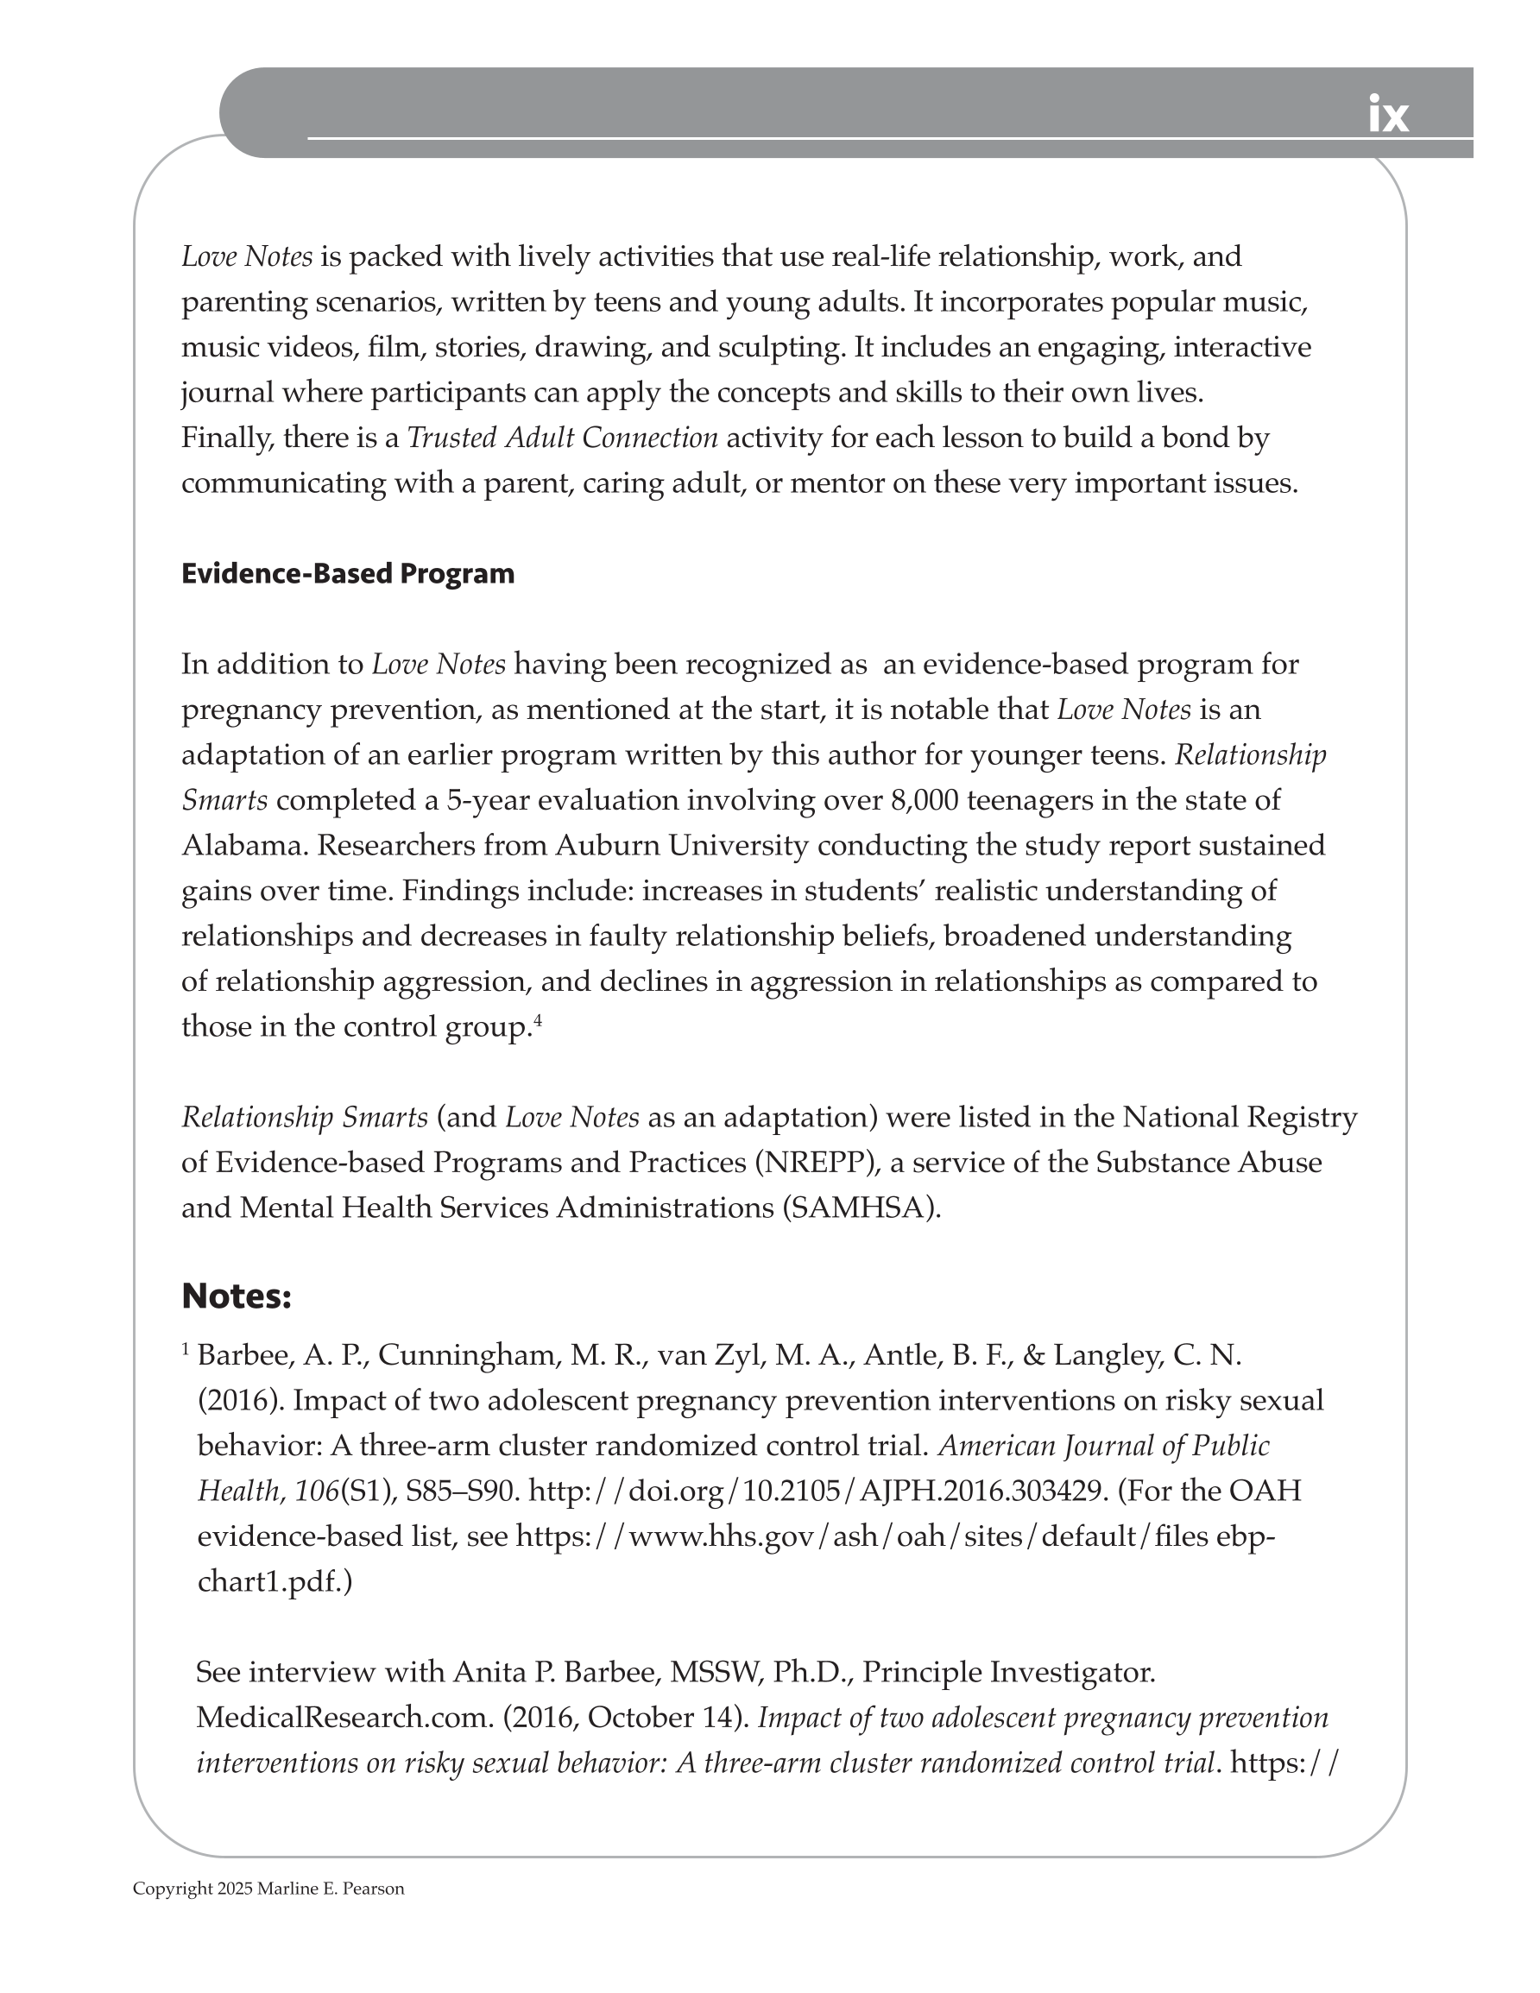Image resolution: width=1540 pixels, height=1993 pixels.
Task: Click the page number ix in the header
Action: pyautogui.click(x=1387, y=116)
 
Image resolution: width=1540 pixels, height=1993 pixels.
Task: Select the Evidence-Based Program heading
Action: pyautogui.click(x=348, y=574)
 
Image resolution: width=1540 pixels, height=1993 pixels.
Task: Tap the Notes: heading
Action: pyautogui.click(x=237, y=1296)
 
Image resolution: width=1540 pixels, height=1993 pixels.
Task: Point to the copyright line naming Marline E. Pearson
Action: pyautogui.click(x=268, y=1889)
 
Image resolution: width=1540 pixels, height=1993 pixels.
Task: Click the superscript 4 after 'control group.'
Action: pyautogui.click(x=538, y=1020)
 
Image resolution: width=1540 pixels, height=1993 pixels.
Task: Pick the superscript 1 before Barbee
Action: pyautogui.click(x=186, y=1349)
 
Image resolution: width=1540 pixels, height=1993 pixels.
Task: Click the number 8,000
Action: pyautogui.click(x=923, y=800)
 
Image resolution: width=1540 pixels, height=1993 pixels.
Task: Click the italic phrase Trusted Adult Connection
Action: pyautogui.click(x=562, y=438)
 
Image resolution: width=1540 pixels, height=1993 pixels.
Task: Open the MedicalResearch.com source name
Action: pyautogui.click(x=345, y=1718)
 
